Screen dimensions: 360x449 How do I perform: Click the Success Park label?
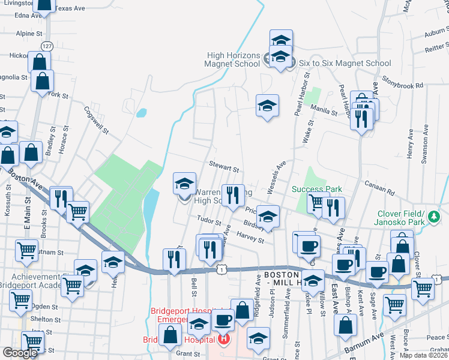click(317, 189)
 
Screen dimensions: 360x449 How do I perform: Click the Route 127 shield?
click(47, 46)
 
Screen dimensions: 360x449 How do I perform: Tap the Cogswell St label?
click(96, 120)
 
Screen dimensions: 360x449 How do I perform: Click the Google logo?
click(20, 352)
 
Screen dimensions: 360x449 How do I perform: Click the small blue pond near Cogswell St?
click(142, 112)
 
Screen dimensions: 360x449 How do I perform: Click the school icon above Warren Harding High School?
click(185, 182)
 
